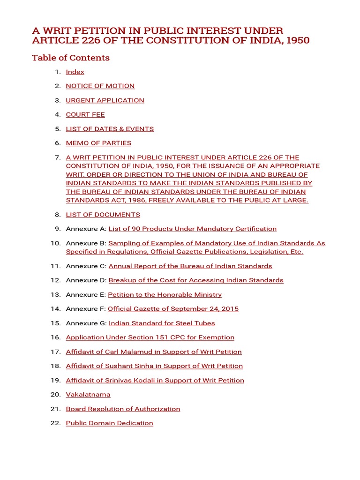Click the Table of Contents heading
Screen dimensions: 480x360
pos(71,58)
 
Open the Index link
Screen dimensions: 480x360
pos(75,72)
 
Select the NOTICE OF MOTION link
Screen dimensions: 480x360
pos(100,86)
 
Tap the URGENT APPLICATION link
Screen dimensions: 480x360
pos(105,100)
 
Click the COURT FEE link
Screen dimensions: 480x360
pos(85,114)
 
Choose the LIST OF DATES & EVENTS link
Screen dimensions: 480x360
pos(110,129)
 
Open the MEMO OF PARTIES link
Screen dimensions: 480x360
pos(98,143)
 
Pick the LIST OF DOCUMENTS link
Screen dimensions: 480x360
pos(103,215)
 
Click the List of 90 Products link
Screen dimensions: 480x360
pos(192,229)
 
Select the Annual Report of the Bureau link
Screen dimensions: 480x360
pos(190,266)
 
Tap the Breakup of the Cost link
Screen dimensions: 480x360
pos(196,280)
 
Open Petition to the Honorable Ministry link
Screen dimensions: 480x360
pos(165,295)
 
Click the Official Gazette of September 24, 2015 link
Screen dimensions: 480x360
pos(173,309)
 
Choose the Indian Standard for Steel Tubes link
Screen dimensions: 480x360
pos(162,323)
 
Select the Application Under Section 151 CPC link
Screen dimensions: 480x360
pos(150,337)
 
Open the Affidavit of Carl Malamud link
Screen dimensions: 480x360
pos(154,352)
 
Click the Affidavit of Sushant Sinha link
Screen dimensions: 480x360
pos(154,366)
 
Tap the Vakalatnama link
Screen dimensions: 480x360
pos(88,395)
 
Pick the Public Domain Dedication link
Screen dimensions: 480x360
pos(109,423)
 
